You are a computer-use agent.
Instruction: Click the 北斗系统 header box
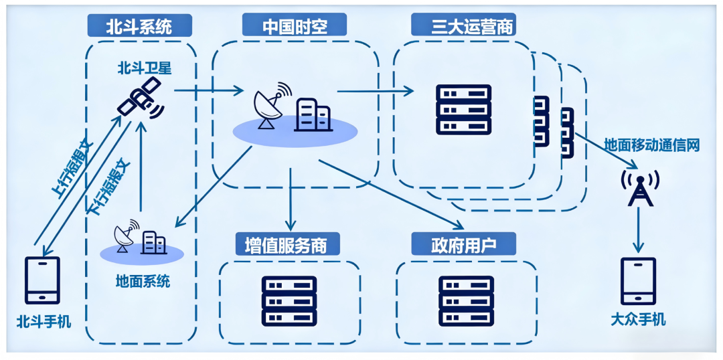[139, 26]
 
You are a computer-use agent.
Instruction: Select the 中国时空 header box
[295, 26]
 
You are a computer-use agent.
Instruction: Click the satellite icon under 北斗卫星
[141, 99]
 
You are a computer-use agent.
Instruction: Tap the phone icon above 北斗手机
[42, 280]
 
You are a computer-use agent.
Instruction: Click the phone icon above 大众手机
[639, 281]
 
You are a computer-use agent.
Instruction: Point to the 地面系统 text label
[143, 280]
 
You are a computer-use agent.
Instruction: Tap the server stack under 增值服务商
[289, 300]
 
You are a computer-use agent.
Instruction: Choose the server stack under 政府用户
[466, 300]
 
